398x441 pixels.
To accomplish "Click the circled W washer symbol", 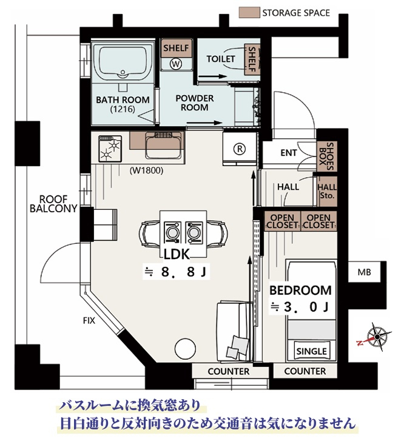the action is pos(176,64).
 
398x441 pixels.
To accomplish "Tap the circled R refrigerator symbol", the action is pos(240,149).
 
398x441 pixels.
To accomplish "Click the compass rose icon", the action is pos(376,337).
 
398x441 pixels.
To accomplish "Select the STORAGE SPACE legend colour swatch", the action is pos(249,13).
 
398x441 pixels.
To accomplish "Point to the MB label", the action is pos(364,272).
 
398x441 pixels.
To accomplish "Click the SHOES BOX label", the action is pos(326,157).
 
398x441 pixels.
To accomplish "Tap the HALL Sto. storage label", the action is pos(327,191).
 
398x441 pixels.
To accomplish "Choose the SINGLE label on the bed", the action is pos(311,351).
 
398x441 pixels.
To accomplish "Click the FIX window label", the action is pos(89,321).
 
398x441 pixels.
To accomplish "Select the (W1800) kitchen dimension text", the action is pos(146,170).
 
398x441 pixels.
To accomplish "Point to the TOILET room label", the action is pos(220,59).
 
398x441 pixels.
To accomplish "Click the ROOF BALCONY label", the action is pos(53,204).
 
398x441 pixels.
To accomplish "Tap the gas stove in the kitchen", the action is pos(110,149).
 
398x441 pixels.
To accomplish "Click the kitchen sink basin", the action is pos(163,146).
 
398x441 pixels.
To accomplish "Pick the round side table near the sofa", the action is pos(185,348).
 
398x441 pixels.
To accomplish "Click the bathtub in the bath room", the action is pos(123,63).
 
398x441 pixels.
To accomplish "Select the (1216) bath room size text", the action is pos(123,109).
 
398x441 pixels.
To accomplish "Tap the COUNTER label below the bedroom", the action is pos(305,371).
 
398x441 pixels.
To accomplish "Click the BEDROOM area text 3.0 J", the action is pos(300,307).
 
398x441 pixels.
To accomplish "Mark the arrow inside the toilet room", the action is pos(212,76).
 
